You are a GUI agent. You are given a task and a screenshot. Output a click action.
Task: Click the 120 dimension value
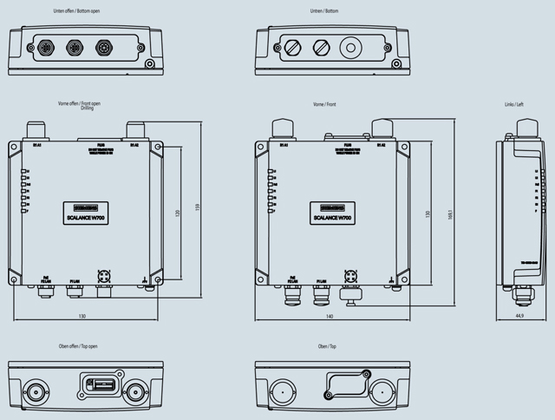(178, 213)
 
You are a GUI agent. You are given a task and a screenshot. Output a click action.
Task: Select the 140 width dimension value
(330, 317)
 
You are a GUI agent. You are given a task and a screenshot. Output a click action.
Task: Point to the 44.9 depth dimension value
(518, 317)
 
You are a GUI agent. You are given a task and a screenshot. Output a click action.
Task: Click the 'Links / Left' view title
(515, 104)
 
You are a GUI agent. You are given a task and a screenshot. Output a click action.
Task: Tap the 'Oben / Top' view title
(329, 346)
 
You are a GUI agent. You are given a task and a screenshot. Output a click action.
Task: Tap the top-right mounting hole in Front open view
(157, 147)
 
